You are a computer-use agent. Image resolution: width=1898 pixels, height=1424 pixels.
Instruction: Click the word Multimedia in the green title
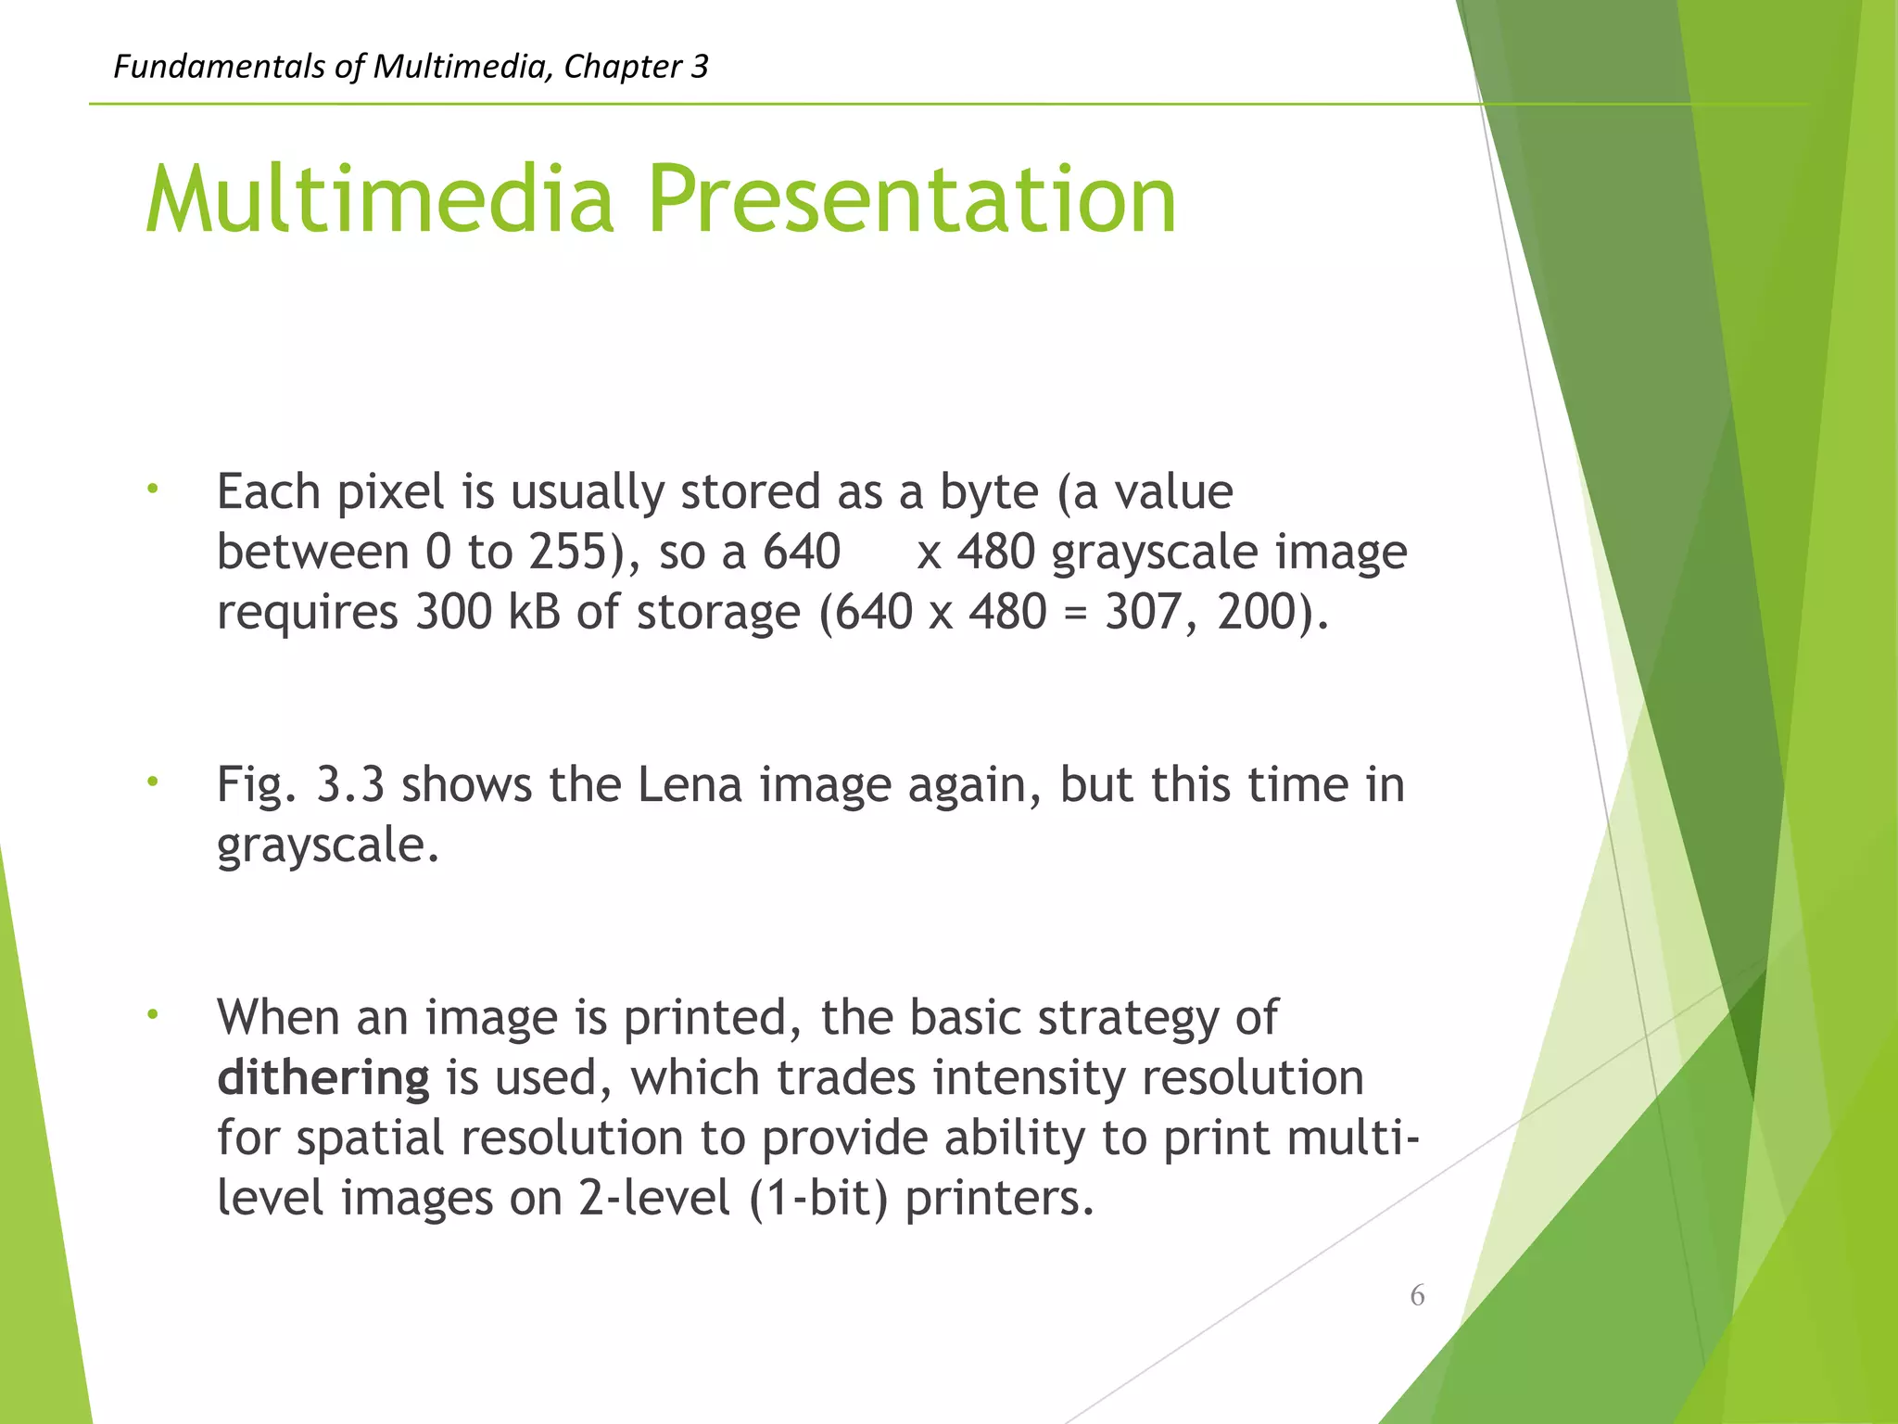[x=380, y=199]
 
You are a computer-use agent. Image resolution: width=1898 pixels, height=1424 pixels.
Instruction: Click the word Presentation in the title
[x=912, y=199]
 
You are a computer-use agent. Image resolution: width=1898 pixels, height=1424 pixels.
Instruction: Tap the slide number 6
[x=1417, y=1295]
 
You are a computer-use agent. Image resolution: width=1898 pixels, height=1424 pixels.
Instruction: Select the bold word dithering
[x=323, y=1078]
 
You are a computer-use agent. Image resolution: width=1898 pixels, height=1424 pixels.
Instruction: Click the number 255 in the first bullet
[x=567, y=553]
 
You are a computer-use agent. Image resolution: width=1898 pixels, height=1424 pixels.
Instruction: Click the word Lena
[x=690, y=785]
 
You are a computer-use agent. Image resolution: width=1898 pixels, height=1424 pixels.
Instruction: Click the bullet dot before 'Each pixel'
[x=153, y=489]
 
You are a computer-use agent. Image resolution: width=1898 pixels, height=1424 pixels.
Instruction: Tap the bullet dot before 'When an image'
[x=153, y=1014]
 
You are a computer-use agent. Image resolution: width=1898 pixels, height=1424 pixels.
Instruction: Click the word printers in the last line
[x=999, y=1199]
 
